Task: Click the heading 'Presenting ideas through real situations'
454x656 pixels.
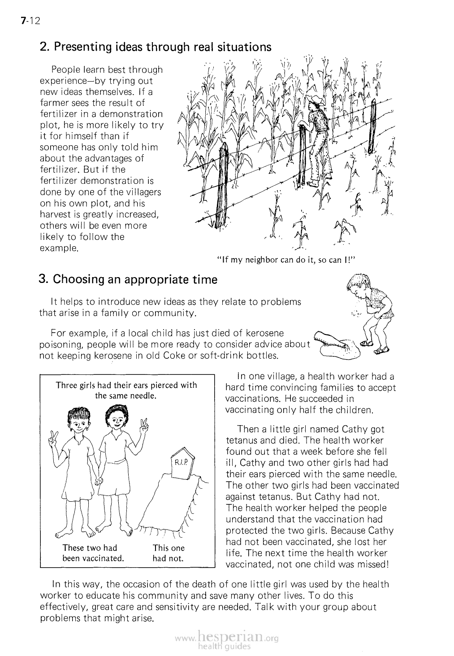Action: pyautogui.click(x=156, y=47)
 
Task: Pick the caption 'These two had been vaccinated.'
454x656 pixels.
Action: pyautogui.click(x=92, y=553)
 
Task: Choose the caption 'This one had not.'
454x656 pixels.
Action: pyautogui.click(x=168, y=553)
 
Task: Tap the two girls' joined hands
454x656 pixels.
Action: pyautogui.click(x=98, y=480)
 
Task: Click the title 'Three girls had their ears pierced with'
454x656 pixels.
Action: pyautogui.click(x=126, y=385)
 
